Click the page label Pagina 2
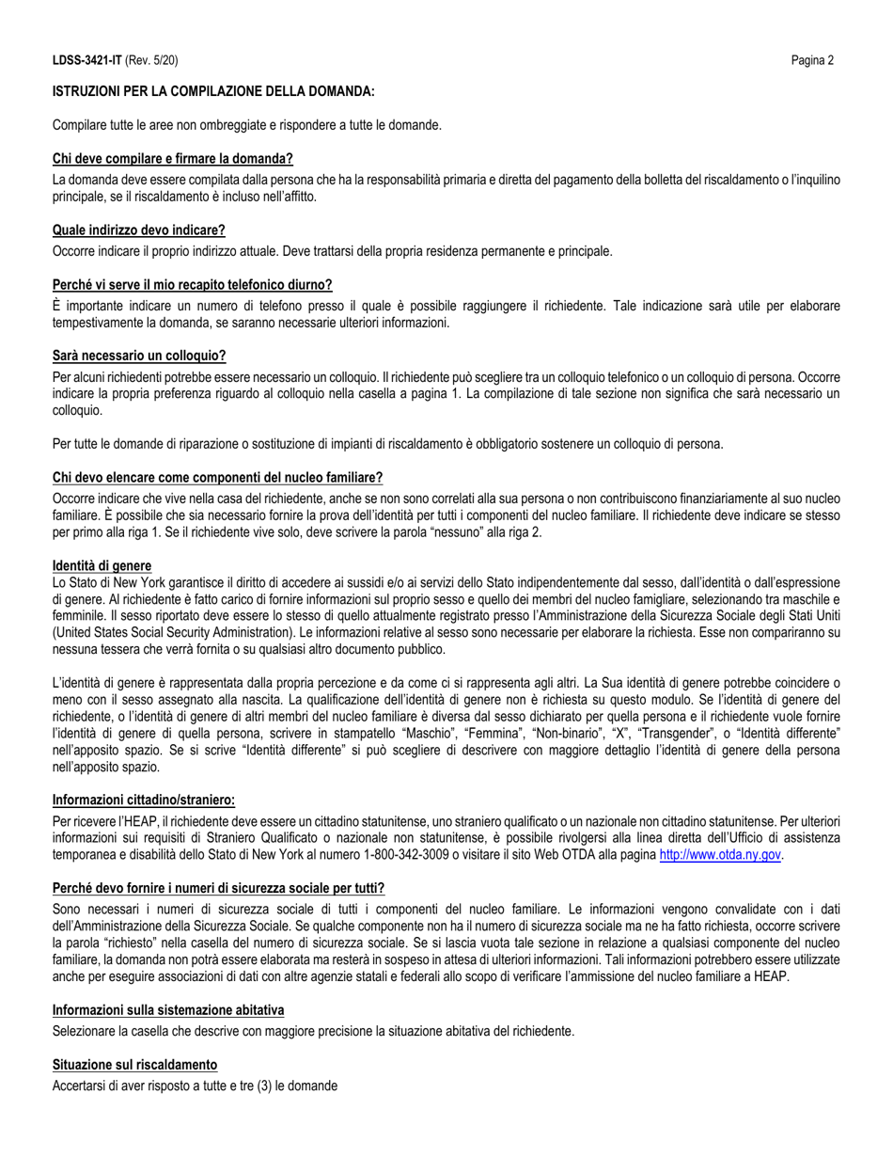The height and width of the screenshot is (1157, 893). click(813, 61)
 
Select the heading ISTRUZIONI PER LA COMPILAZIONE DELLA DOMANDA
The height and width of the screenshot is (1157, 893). click(213, 91)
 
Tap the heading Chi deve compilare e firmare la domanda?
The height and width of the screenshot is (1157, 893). click(173, 159)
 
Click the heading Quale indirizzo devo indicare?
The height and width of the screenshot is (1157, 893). click(139, 230)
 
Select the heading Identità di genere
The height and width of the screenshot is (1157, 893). click(102, 565)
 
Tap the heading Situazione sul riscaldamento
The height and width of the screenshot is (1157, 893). click(135, 1064)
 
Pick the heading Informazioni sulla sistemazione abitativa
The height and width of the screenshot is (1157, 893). click(168, 1009)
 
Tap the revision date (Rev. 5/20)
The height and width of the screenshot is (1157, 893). click(150, 61)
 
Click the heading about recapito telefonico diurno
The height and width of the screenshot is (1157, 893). click(193, 284)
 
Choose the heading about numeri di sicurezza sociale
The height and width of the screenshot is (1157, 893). click(218, 887)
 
